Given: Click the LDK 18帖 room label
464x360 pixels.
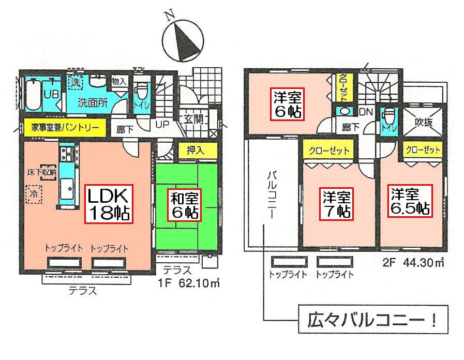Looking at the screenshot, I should coord(109,204).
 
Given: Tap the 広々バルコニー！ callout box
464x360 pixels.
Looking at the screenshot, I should coord(372,321).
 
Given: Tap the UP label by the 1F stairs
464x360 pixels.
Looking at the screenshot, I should coord(161,125).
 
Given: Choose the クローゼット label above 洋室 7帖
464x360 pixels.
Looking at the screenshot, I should coord(330,150).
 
